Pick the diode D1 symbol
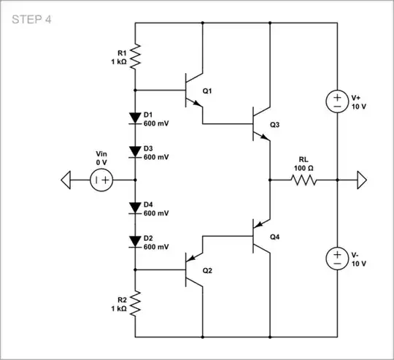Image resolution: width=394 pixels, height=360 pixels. (136, 117)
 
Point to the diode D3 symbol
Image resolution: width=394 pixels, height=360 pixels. (136, 152)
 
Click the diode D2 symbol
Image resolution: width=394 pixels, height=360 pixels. (136, 242)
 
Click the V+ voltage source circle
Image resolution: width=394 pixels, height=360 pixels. (337, 101)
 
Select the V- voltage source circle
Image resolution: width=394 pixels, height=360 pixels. (337, 256)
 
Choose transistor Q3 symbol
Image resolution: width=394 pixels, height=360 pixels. (260, 123)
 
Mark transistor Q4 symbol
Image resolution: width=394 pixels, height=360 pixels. (260, 235)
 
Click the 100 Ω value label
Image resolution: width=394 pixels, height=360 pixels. (304, 169)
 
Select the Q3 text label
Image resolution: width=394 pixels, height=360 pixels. (274, 125)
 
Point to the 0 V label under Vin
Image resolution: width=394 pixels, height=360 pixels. (101, 162)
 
